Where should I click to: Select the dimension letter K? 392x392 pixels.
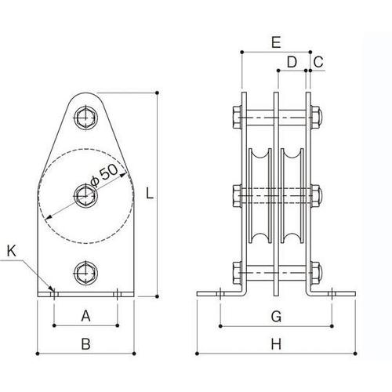(x=11, y=252)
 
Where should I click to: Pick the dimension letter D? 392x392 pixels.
(x=292, y=61)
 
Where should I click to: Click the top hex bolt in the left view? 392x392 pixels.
(x=85, y=118)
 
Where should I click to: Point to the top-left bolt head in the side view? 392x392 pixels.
(x=237, y=118)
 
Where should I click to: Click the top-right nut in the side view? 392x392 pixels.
(x=316, y=118)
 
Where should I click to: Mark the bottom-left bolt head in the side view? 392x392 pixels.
(x=237, y=274)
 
